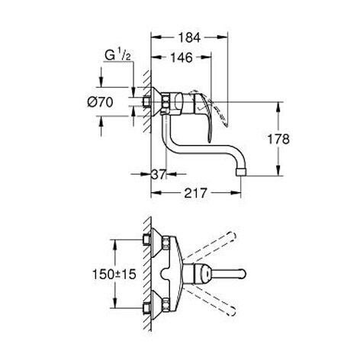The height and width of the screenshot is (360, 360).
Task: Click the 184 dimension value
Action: [189, 38]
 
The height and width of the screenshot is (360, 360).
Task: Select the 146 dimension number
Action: [182, 58]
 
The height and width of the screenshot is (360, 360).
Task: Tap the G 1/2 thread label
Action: [117, 56]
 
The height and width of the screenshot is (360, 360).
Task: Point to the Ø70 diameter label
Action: [100, 102]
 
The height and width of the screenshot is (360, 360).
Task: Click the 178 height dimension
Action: [278, 139]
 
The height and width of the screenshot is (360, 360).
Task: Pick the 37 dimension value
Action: [159, 175]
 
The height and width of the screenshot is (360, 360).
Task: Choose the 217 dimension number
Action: [196, 193]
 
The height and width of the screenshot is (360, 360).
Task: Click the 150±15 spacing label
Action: [114, 275]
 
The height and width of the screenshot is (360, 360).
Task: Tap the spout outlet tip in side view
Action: [241, 172]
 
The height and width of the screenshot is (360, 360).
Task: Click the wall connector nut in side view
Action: [146, 101]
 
